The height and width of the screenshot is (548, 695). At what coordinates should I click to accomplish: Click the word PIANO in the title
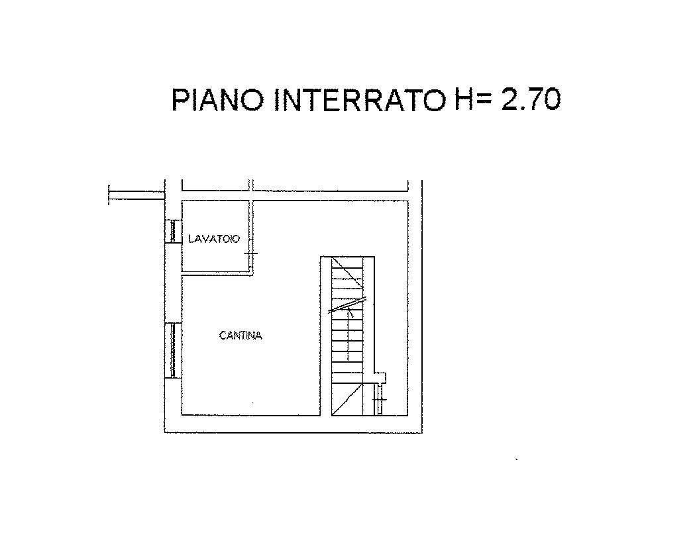[219, 100]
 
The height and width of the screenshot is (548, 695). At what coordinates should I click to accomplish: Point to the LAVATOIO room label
[213, 239]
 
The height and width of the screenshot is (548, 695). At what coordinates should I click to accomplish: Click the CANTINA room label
[241, 336]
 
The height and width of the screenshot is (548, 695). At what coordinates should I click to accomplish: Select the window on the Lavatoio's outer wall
[172, 231]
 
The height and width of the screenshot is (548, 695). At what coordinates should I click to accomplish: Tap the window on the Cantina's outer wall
[172, 349]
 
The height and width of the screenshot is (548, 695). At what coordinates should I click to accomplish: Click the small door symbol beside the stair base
[380, 401]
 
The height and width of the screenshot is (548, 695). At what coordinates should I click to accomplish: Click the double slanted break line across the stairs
[348, 304]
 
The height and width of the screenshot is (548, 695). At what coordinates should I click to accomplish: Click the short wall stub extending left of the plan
[136, 195]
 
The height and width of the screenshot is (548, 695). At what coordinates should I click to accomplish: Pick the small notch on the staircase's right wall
[380, 377]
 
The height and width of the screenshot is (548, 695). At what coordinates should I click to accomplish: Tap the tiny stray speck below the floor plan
[516, 459]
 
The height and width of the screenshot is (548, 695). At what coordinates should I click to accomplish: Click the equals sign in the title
[486, 100]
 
